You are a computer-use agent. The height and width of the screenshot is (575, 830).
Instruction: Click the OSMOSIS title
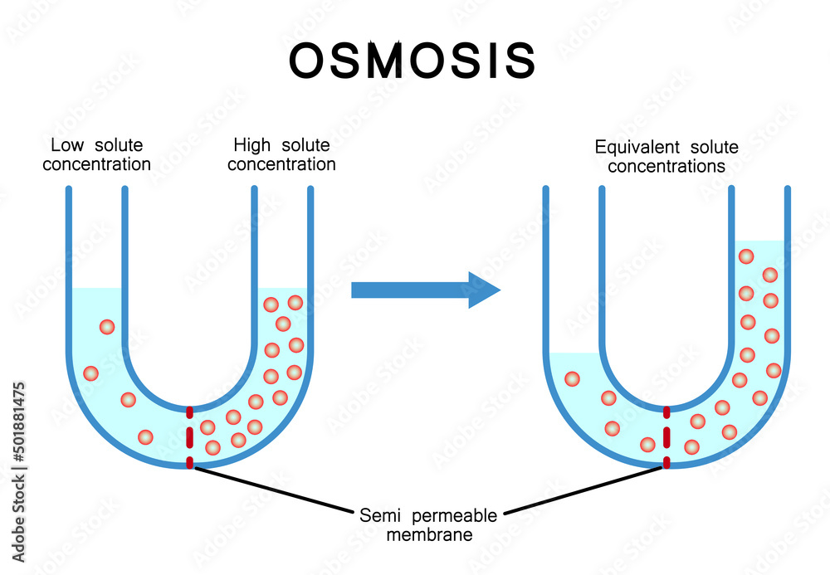(413, 60)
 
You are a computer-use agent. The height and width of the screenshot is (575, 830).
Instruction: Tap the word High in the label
(251, 145)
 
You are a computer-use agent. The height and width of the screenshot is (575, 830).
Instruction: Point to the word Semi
(377, 515)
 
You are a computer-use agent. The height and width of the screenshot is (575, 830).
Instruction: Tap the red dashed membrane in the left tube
(190, 437)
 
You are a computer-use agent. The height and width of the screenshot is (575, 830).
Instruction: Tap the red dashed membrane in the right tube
(666, 437)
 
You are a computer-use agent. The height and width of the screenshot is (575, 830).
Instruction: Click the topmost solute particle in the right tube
(746, 257)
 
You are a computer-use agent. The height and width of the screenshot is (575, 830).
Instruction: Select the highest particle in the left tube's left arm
(106, 327)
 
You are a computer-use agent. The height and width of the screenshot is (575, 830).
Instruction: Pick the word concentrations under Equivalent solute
(666, 166)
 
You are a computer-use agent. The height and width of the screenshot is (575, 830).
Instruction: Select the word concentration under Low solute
(96, 163)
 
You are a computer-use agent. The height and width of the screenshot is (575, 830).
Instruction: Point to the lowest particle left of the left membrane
(145, 436)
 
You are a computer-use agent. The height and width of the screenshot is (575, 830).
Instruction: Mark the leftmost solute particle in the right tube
(572, 379)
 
